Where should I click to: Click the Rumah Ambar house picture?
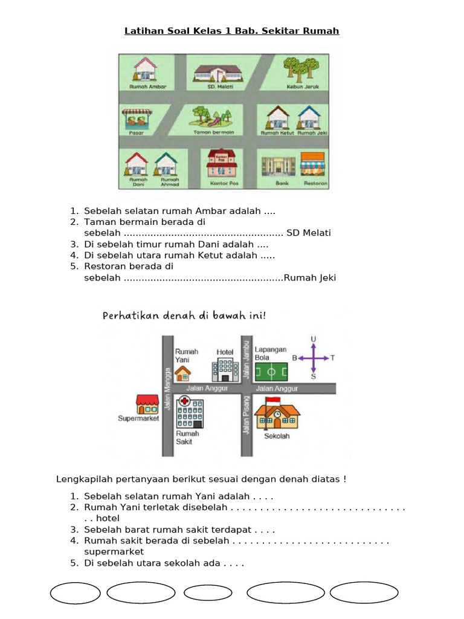tap(144, 68)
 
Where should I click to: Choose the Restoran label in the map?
tap(315, 183)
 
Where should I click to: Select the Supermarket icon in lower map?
tap(147, 404)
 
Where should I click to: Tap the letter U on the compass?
tap(313, 340)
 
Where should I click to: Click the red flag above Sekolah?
tap(272, 401)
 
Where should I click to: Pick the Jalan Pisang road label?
tap(246, 415)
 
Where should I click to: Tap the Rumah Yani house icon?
tap(182, 374)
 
